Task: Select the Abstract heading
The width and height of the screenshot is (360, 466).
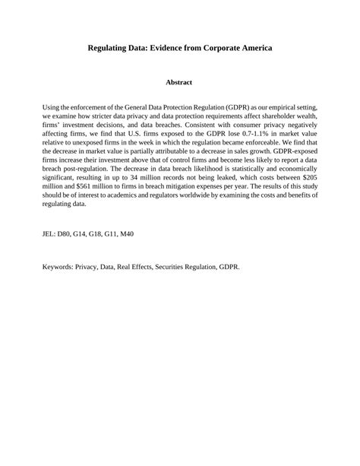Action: pos(179,82)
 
